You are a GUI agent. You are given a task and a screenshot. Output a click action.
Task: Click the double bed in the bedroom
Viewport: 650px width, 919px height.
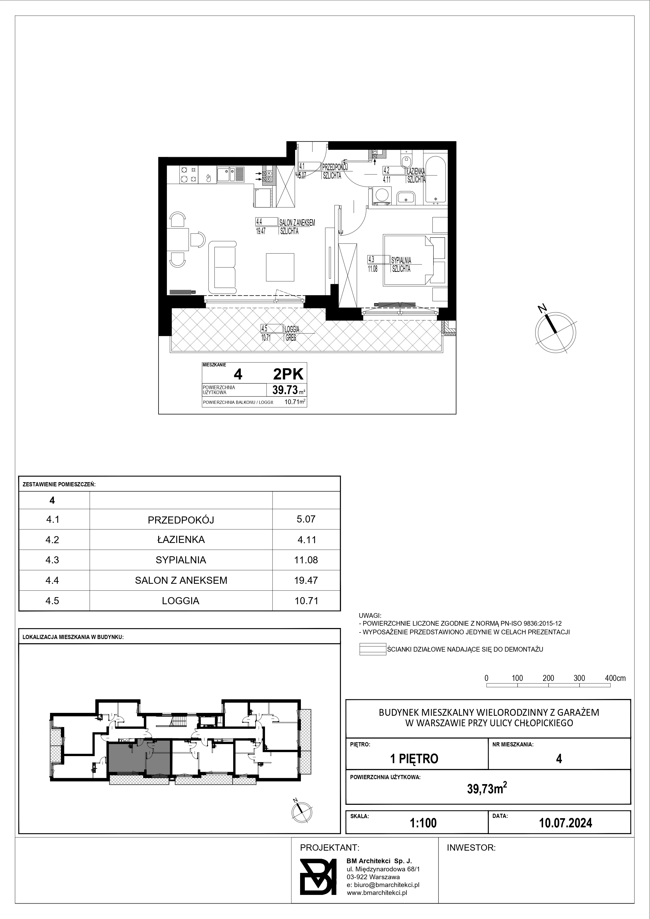(409, 260)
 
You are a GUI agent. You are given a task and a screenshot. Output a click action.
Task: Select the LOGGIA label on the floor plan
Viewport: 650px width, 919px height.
(292, 329)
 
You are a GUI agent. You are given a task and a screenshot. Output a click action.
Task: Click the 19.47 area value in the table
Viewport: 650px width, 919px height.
(306, 580)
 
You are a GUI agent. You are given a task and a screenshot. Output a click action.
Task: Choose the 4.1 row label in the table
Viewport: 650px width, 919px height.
(52, 520)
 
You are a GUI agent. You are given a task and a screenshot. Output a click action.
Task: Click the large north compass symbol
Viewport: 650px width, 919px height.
(556, 332)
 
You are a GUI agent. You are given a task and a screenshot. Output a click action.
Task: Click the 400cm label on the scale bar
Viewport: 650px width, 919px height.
(615, 678)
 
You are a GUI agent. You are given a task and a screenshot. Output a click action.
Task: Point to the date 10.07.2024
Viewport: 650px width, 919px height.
(566, 823)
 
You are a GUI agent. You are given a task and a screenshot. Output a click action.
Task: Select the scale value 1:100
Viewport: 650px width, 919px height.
(423, 823)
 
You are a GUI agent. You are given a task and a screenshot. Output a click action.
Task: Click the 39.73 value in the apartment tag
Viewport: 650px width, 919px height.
(285, 389)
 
